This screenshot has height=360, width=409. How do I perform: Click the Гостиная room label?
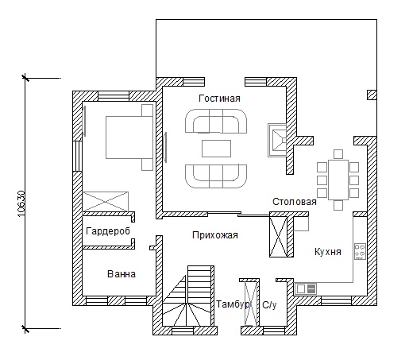(219, 99)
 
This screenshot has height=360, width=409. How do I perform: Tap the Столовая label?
(295, 202)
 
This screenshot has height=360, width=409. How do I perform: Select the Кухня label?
(328, 251)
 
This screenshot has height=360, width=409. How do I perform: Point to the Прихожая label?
(215, 235)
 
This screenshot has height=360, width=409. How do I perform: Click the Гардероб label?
(108, 231)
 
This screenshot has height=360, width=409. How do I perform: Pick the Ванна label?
(122, 274)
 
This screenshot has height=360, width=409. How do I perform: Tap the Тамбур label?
(233, 304)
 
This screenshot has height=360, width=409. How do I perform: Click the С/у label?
(269, 305)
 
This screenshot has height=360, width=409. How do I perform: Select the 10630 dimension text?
(21, 203)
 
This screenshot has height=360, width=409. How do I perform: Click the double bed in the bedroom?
(129, 137)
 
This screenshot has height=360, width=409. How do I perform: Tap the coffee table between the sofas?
(216, 149)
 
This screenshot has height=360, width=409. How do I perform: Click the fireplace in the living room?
(277, 140)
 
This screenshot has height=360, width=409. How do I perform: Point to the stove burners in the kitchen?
(360, 251)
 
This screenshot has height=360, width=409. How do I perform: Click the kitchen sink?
(306, 288)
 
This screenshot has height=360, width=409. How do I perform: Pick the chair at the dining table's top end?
(338, 154)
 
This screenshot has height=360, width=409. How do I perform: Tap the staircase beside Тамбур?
(188, 296)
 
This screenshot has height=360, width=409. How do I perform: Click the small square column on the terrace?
(372, 95)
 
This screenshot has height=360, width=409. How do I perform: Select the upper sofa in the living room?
(216, 121)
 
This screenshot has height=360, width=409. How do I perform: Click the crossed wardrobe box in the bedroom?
(106, 202)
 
